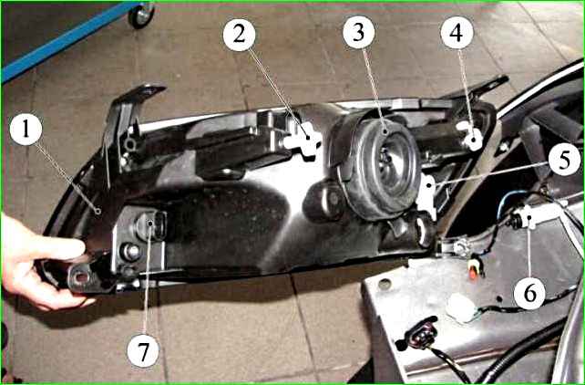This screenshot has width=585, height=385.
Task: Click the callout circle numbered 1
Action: pos(26,129)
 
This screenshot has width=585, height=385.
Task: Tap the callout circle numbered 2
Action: pos(239,35)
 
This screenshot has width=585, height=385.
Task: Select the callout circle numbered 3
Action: pos(358,32)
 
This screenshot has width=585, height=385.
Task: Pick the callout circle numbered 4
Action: pos(457,33)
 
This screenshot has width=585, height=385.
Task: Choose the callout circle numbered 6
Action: pos(529,294)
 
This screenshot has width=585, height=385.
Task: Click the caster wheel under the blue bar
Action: pos(141,15)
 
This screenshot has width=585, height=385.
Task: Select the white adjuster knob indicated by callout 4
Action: pos(470,136)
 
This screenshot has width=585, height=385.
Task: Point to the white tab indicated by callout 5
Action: pos(426,195)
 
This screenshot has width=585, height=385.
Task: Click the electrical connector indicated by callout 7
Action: pos(150,225)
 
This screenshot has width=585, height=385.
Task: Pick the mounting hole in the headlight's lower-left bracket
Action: pos(82,277)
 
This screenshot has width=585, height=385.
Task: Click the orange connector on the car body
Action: pos(473,272)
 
